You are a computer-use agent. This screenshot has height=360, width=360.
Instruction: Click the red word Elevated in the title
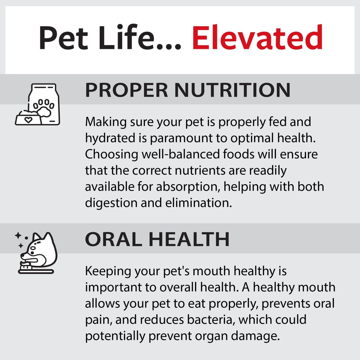coord(257,37)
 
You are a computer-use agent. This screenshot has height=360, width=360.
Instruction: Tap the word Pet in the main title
coord(63,38)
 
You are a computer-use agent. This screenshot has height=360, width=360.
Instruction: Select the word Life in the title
coord(127,37)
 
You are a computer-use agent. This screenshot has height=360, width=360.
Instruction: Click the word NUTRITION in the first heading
coord(232,90)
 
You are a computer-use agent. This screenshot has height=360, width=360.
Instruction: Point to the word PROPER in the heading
coord(127,90)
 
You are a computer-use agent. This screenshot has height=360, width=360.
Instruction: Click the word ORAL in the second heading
coord(113,239)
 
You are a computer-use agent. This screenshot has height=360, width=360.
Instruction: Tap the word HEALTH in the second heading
coord(189,239)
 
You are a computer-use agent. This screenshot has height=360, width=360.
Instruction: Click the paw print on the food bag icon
coord(44,108)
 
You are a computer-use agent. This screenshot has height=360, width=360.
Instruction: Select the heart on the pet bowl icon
coord(28,120)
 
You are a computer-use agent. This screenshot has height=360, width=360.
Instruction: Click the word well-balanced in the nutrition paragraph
coord(181,154)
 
